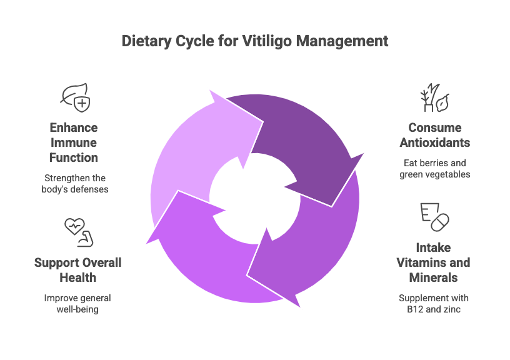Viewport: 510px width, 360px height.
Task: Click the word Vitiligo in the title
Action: [x=269, y=41]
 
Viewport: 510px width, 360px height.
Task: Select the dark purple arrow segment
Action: [x=294, y=134]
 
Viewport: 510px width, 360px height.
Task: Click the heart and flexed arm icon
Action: [x=77, y=232]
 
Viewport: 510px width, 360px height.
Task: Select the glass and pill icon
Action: [x=434, y=217]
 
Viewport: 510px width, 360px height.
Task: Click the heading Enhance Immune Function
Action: [x=74, y=142]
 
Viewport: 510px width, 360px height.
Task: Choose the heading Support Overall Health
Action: [x=77, y=269]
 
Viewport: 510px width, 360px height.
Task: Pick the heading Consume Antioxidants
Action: [x=434, y=135]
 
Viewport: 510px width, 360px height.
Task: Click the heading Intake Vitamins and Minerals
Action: [x=434, y=262]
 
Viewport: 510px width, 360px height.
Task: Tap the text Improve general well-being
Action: [x=77, y=304]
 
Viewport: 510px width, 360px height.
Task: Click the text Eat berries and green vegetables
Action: [x=434, y=169]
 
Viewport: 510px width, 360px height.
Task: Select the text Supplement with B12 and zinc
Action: [x=434, y=303]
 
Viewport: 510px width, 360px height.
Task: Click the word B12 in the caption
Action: [x=416, y=309]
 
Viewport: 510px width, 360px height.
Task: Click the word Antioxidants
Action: [x=434, y=142]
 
